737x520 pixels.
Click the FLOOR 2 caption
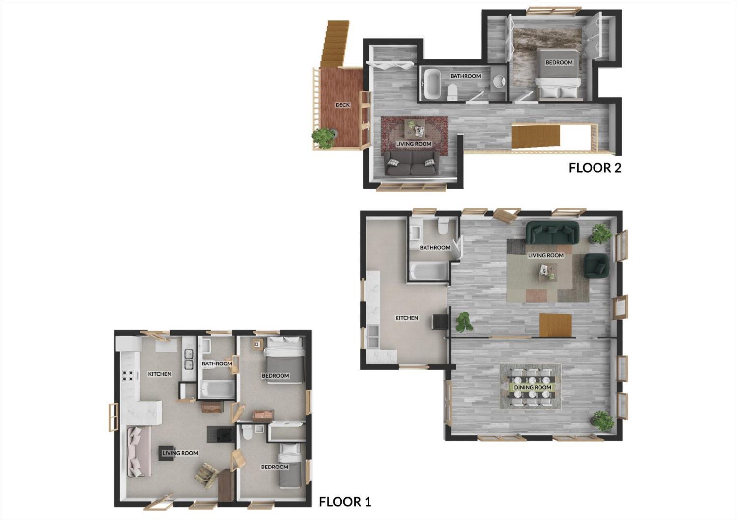(x=595, y=168)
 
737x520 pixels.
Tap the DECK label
(x=342, y=105)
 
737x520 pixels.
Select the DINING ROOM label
(x=533, y=387)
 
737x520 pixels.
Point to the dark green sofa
(x=552, y=233)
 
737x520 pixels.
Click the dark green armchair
(x=596, y=265)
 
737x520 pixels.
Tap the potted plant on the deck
(x=323, y=138)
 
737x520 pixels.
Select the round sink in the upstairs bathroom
(x=500, y=81)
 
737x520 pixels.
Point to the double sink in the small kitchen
(x=189, y=360)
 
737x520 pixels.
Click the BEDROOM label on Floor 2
(x=559, y=62)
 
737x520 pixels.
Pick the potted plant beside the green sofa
(x=601, y=233)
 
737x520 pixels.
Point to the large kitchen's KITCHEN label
(x=407, y=318)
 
